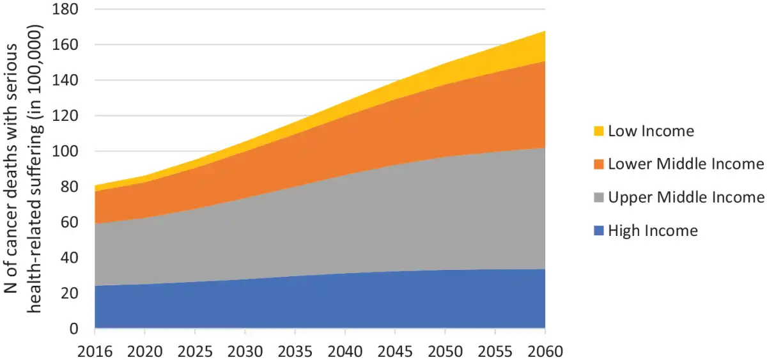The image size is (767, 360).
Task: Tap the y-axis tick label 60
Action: tap(74, 223)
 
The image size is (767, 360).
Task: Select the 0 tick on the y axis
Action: tap(77, 329)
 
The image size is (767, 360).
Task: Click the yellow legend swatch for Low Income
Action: tap(598, 132)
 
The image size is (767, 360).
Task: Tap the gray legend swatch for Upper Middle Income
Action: tap(598, 198)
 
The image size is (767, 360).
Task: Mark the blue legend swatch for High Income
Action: tap(598, 231)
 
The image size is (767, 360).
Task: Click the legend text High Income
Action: tap(653, 231)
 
